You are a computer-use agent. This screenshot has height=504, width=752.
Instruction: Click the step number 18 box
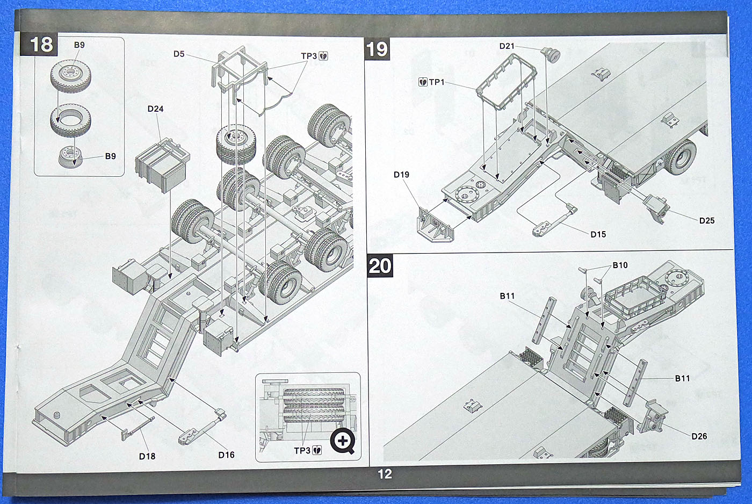coord(41,44)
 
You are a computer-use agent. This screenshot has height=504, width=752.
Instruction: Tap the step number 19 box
coord(377,49)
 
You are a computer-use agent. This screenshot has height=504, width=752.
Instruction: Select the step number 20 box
coord(380,266)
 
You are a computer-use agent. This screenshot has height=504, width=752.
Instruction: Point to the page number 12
coord(385,474)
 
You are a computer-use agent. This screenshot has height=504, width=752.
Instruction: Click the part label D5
coord(179,54)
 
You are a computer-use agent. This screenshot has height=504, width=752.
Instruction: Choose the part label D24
coord(155,109)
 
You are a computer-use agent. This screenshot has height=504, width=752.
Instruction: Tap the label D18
coord(147,456)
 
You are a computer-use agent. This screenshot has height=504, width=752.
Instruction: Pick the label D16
coord(226,455)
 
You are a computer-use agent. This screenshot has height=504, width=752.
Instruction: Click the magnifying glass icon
coord(343,442)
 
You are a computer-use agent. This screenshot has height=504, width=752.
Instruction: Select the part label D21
coord(507,46)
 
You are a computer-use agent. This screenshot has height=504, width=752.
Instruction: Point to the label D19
coord(401,175)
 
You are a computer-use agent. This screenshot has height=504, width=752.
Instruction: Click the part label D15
coord(598,234)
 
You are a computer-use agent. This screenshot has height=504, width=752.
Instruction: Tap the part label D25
coord(707,220)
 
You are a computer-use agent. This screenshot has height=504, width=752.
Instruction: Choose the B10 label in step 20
coord(620,265)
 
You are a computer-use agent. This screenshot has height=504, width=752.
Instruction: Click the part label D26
coord(699,436)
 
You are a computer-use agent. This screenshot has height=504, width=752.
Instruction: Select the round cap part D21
coord(551,54)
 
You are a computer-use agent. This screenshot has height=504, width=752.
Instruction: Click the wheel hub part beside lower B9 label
coord(70,157)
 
